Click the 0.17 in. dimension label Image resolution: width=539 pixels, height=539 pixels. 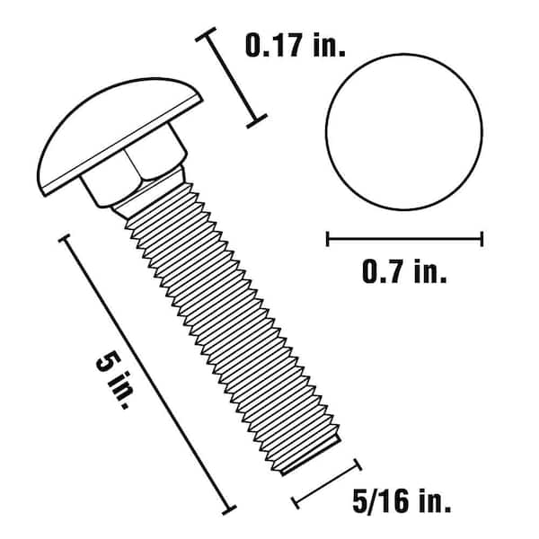coord(295,46)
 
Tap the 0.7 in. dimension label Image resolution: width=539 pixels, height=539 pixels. coord(404,271)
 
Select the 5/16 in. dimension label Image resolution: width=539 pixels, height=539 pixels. coord(402,501)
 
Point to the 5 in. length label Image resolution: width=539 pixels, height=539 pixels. coord(113,381)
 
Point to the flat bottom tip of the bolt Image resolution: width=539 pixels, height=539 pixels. coord(311,456)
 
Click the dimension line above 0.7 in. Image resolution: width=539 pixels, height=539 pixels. coord(404,239)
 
